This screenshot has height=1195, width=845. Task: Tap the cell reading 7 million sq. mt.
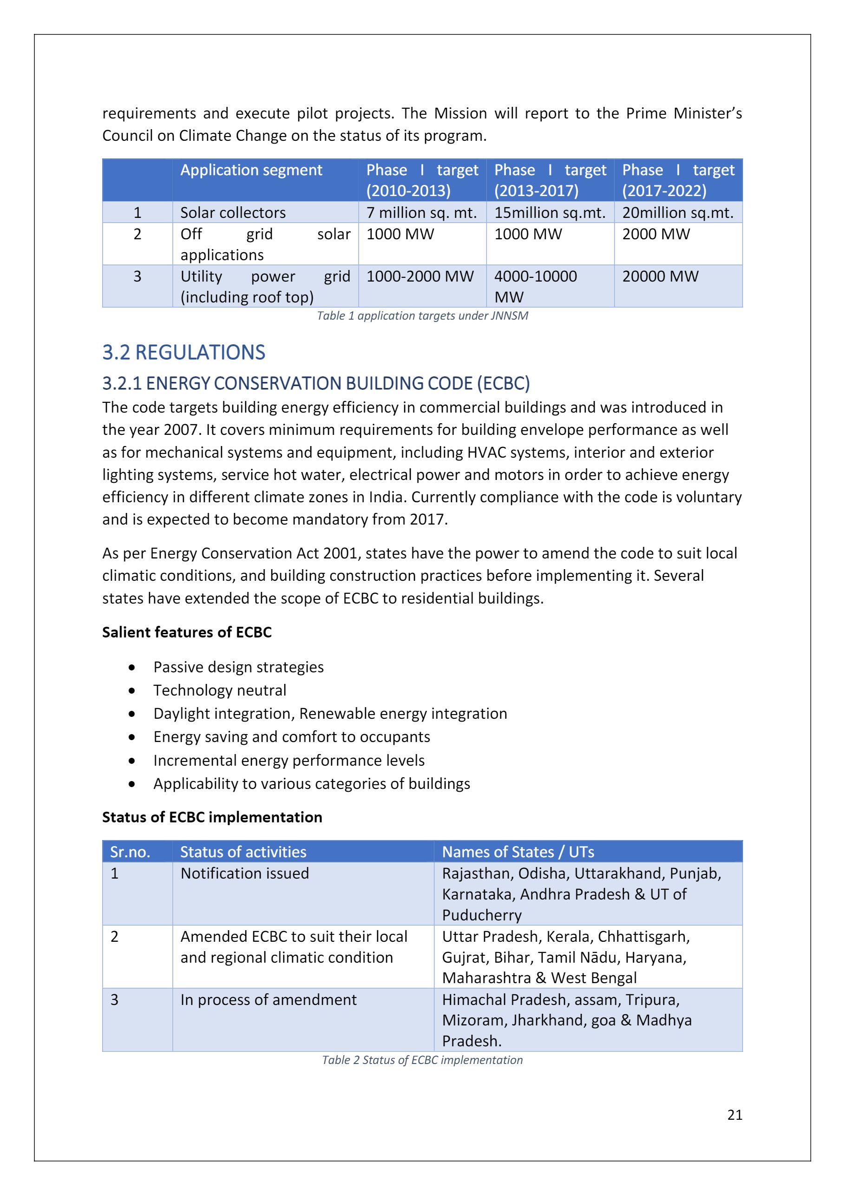tap(421, 212)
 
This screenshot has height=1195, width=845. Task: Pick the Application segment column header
tap(251, 170)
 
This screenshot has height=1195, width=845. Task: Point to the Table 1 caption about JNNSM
tap(423, 315)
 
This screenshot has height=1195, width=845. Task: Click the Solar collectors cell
tap(233, 212)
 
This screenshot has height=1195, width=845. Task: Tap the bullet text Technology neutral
tap(220, 690)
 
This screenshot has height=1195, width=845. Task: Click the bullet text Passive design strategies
tap(238, 667)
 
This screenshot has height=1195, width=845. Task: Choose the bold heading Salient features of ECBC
tap(187, 632)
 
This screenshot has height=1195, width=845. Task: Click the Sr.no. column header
tap(130, 852)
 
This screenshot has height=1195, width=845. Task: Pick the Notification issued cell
tap(244, 873)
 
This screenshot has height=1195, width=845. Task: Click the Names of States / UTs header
tap(517, 852)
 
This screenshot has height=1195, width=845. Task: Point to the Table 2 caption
tap(423, 1060)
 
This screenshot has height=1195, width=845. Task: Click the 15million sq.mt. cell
tap(550, 212)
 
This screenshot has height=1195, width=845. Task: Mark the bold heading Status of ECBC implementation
tap(212, 817)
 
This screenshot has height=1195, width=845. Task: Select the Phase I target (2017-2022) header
tap(678, 180)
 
